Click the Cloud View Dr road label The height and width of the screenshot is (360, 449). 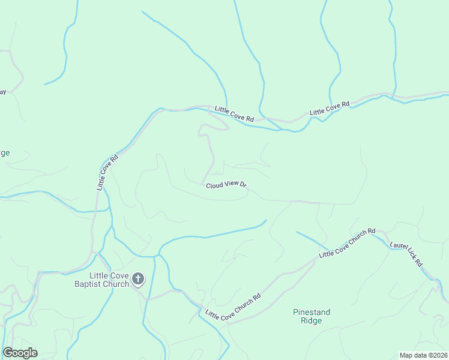pyautogui.click(x=226, y=185)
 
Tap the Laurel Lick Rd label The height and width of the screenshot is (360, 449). pyautogui.click(x=406, y=254)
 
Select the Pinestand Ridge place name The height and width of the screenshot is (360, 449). pyautogui.click(x=312, y=316)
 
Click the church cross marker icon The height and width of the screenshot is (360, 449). pyautogui.click(x=138, y=278)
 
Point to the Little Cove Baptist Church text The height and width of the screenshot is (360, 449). pyautogui.click(x=105, y=280)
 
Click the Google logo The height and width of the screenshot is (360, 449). pyautogui.click(x=20, y=353)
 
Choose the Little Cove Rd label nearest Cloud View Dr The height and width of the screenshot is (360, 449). pyautogui.click(x=234, y=114)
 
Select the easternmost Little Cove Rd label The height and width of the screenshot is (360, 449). pyautogui.click(x=330, y=109)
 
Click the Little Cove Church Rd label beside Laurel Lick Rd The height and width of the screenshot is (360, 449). pyautogui.click(x=347, y=242)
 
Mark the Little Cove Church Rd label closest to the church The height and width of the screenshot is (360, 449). pyautogui.click(x=234, y=306)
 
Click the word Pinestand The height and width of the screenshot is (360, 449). pyautogui.click(x=312, y=312)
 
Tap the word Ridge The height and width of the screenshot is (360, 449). pyautogui.click(x=312, y=321)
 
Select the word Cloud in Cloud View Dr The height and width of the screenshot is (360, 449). pyautogui.click(x=215, y=186)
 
